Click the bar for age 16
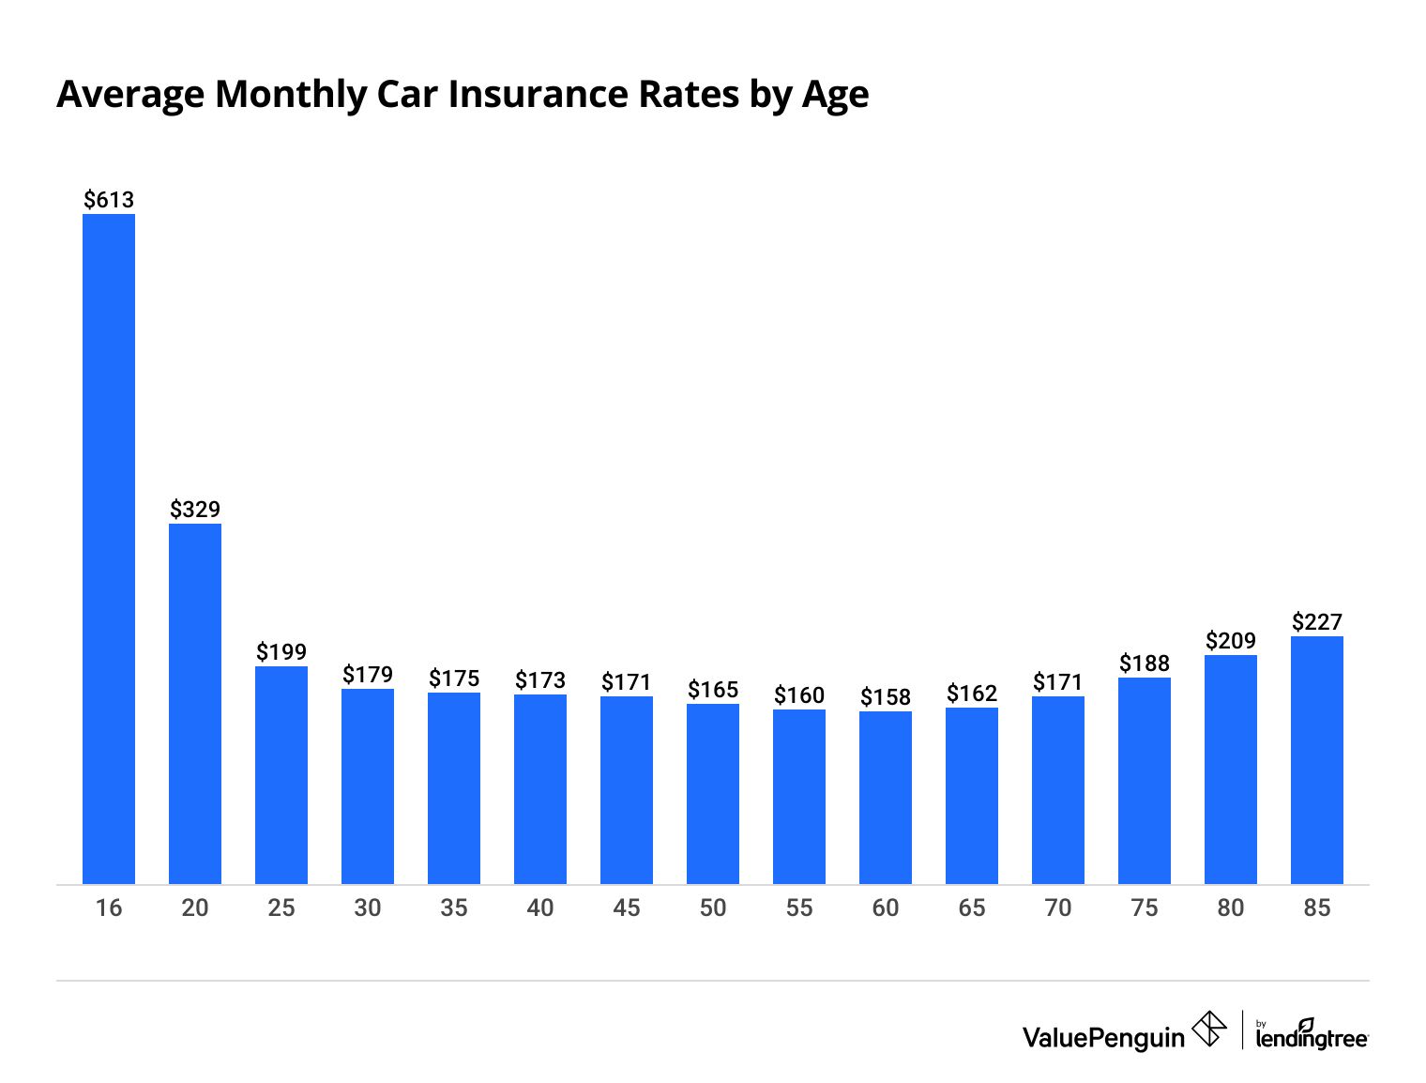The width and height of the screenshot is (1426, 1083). [x=109, y=549]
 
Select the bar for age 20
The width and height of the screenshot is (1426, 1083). [x=195, y=704]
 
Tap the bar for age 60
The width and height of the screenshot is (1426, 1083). [x=886, y=798]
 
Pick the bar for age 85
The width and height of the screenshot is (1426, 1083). [x=1317, y=760]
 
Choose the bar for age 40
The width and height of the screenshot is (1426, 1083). [x=540, y=789]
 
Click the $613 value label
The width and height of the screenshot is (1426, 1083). [x=109, y=199]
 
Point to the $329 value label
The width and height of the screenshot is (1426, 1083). [x=195, y=510]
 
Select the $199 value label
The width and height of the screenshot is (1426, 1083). [x=281, y=651]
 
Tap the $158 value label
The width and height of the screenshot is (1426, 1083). [x=886, y=696]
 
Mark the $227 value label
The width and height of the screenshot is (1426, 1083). [x=1317, y=621]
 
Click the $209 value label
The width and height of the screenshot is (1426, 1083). [x=1231, y=640]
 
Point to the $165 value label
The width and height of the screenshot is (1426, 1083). [x=713, y=690]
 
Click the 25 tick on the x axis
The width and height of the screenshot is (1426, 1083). [x=281, y=908]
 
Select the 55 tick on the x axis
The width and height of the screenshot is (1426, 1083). [x=799, y=908]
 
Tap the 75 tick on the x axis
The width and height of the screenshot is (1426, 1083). [x=1145, y=908]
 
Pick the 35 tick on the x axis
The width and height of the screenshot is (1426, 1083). [x=454, y=908]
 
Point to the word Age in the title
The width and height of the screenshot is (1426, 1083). [x=834, y=96]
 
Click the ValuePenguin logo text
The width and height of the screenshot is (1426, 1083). [x=1103, y=1037]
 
